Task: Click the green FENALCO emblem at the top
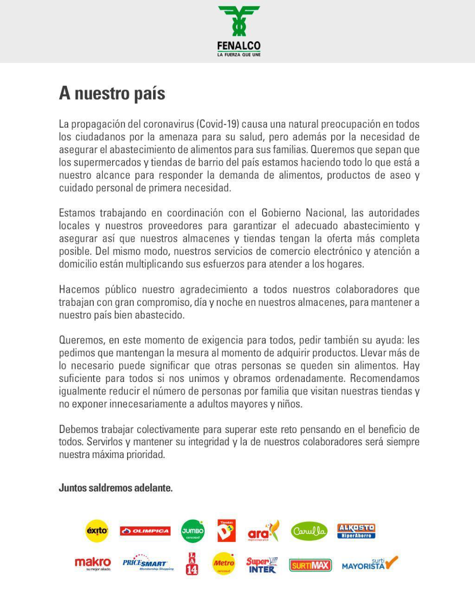coord(239,21)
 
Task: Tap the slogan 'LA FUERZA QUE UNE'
coord(239,55)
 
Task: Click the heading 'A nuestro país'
coord(112,93)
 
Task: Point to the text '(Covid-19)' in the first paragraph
coord(218,124)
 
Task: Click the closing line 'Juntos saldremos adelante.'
coord(116,488)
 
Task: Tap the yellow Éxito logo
coord(97,531)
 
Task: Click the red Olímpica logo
coord(145,531)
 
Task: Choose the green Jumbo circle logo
coord(193,531)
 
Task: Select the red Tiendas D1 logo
coord(226,530)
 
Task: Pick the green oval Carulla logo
coord(309,531)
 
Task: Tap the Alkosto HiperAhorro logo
coord(356,531)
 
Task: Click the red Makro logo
coord(93,563)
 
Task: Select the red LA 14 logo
coord(192,563)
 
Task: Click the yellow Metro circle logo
coord(223,564)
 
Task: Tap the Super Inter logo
coord(262,565)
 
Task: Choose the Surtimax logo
coord(310,565)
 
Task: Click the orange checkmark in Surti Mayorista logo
coord(391,562)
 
